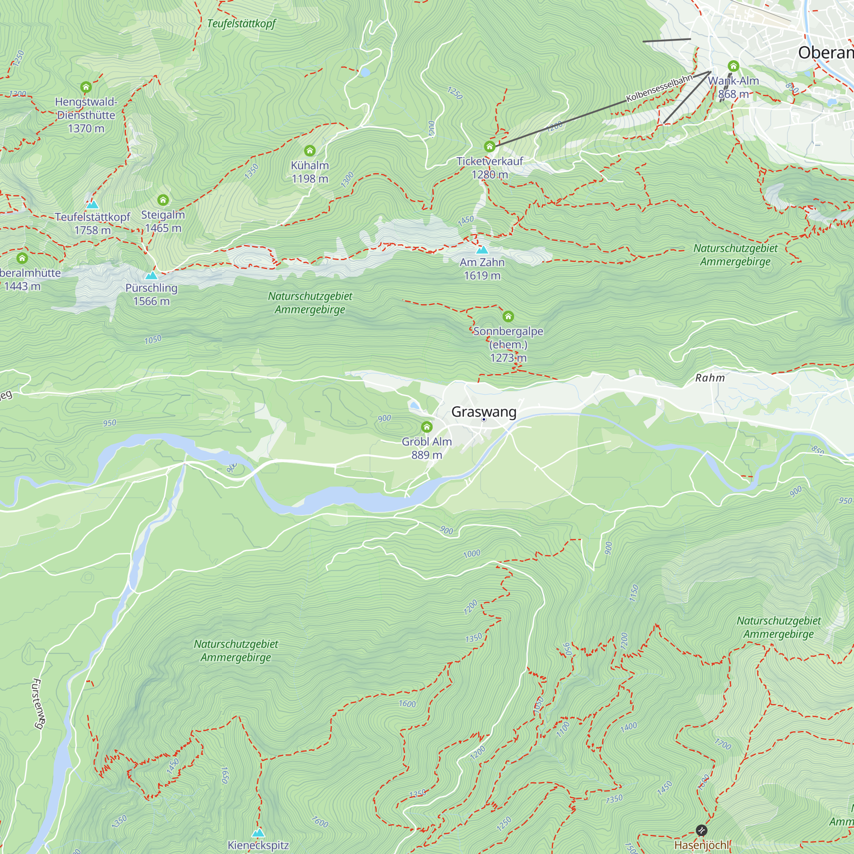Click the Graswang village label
pyautogui.click(x=484, y=412)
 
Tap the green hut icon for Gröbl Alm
pyautogui.click(x=427, y=427)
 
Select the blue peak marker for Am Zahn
pyautogui.click(x=482, y=250)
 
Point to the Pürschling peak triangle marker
pyautogui.click(x=151, y=276)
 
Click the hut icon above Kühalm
pyautogui.click(x=310, y=151)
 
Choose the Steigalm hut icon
pyautogui.click(x=163, y=200)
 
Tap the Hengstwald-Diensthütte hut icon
pyautogui.click(x=86, y=87)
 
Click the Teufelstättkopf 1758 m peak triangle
pyautogui.click(x=92, y=205)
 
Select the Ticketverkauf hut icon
pyautogui.click(x=489, y=146)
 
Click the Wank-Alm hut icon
pyautogui.click(x=733, y=66)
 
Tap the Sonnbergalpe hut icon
pyautogui.click(x=508, y=316)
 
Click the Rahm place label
pyautogui.click(x=710, y=378)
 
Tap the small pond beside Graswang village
pyautogui.click(x=415, y=405)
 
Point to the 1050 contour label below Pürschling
pyautogui.click(x=153, y=340)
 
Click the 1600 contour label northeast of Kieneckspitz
pyautogui.click(x=407, y=704)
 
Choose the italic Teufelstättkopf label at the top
pyautogui.click(x=241, y=23)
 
